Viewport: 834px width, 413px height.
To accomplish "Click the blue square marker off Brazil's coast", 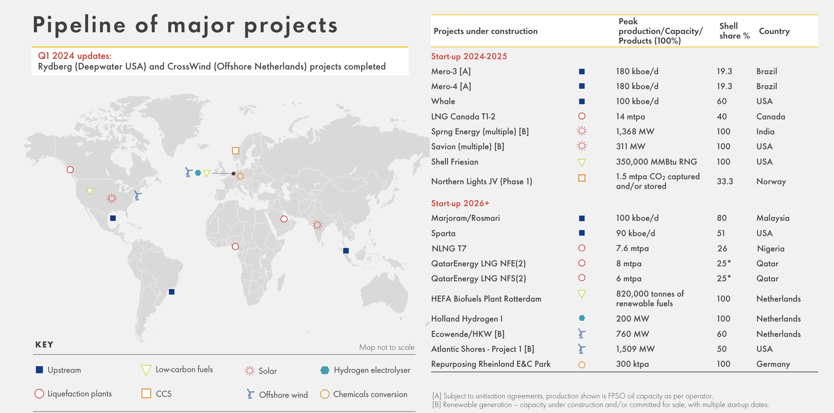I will click(172, 292).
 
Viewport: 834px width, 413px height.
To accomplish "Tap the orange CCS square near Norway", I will click(235, 151).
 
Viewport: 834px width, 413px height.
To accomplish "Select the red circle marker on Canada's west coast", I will click(70, 170).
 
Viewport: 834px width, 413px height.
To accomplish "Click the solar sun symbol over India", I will click(318, 225).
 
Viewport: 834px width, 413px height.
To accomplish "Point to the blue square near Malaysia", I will click(346, 251).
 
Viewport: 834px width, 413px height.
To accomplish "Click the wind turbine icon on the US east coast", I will click(137, 195).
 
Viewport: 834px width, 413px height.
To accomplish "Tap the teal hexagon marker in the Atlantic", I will click(198, 173).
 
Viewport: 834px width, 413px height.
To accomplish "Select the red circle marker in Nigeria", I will click(235, 246).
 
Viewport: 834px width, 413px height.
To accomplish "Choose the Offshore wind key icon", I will click(250, 394).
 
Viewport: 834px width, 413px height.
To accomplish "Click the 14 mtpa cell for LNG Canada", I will click(630, 117).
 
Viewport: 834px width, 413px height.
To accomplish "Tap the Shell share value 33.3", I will click(725, 181).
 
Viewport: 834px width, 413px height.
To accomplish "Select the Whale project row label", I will click(443, 101).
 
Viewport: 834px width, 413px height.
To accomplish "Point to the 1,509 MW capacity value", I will click(635, 349).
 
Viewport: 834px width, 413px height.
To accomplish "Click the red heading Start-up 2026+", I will click(460, 203).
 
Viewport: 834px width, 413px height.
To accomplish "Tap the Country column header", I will click(774, 31).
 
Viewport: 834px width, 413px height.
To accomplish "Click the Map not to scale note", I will click(386, 347).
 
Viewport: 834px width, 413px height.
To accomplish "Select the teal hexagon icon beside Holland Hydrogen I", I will click(582, 318).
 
